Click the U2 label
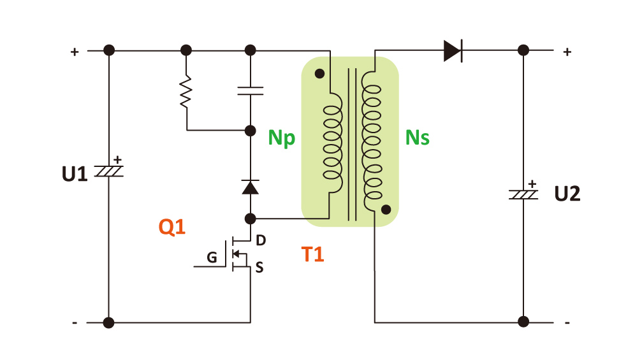click(x=567, y=194)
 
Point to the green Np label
click(x=281, y=138)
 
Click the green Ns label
click(x=418, y=138)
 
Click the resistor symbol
click(x=186, y=92)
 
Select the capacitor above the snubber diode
click(x=250, y=90)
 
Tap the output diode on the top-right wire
click(x=453, y=50)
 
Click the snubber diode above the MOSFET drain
click(x=250, y=187)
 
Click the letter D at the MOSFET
click(x=260, y=241)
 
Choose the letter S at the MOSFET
click(x=259, y=268)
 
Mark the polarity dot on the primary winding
click(x=319, y=73)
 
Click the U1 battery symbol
click(x=109, y=170)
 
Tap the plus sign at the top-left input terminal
click(x=75, y=52)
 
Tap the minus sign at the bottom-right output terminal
click(x=567, y=323)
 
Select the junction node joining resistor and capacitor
click(x=250, y=131)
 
